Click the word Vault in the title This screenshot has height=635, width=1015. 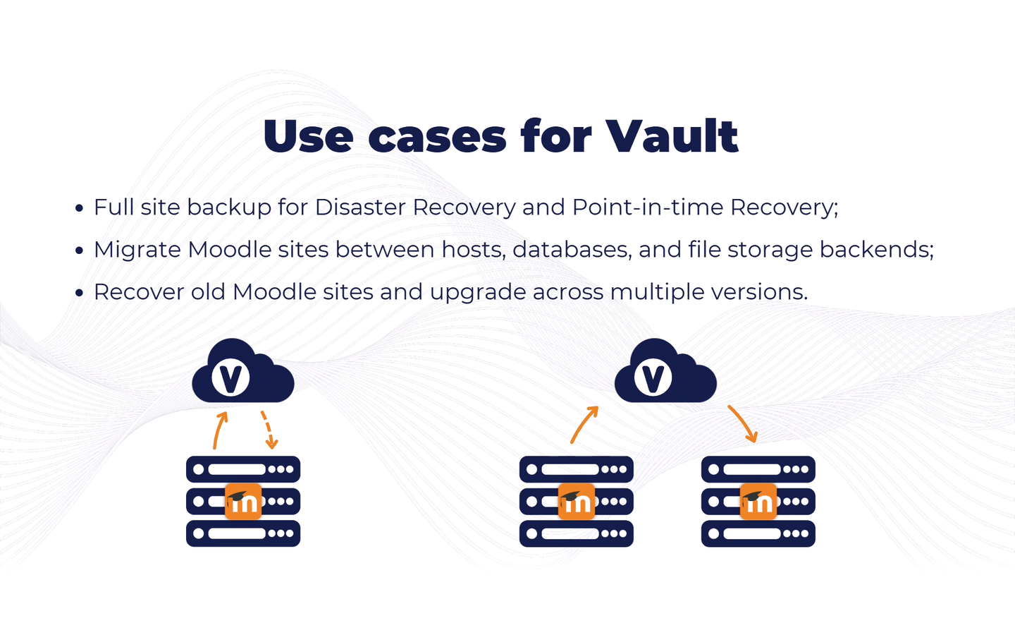[x=672, y=135]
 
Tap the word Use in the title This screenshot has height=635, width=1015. [x=308, y=136]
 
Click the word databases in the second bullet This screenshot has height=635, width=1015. [x=572, y=250]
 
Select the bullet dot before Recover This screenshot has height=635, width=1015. [x=79, y=293]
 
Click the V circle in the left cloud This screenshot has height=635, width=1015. [x=230, y=377]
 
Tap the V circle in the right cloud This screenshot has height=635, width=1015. [x=653, y=377]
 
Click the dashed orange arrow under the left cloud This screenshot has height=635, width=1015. [x=269, y=429]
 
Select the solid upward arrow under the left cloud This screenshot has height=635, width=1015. [x=219, y=430]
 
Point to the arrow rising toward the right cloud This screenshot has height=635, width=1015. [x=583, y=425]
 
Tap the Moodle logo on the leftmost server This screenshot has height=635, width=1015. [x=243, y=501]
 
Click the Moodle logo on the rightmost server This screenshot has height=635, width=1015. [x=758, y=501]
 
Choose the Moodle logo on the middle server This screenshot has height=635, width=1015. [x=577, y=501]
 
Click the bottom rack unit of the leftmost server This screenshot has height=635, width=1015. [x=243, y=533]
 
